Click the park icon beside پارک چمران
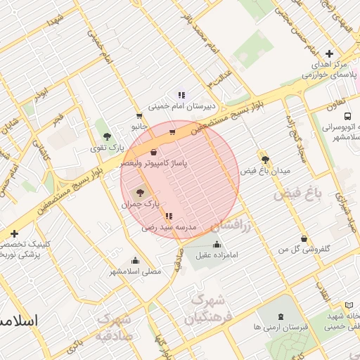point(139,192)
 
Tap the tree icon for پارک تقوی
point(107,136)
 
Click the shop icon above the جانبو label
point(139,115)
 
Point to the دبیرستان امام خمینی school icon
point(181,95)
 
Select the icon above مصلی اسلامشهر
point(135,260)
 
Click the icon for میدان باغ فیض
point(265,160)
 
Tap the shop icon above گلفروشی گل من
point(303,239)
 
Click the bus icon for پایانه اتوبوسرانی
point(347,117)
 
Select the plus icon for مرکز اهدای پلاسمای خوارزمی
point(329,54)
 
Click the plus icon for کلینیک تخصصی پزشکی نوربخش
point(14,233)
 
